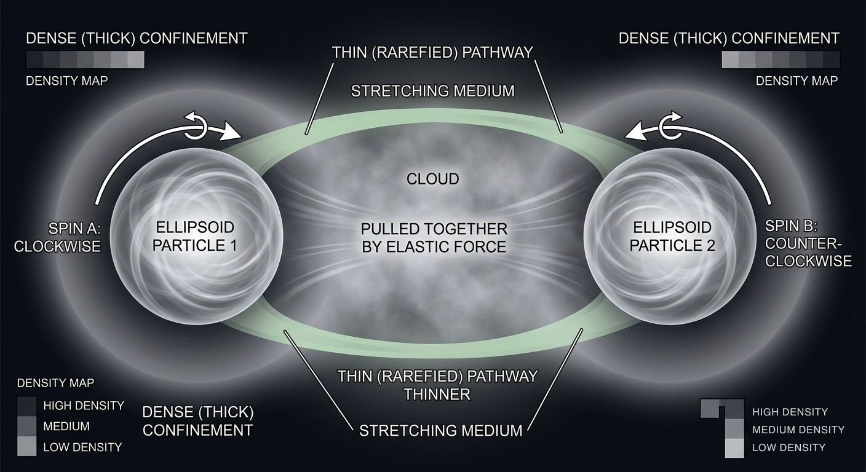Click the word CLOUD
(433, 179)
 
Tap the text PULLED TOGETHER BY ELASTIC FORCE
(434, 238)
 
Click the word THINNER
(437, 394)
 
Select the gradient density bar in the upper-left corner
(85, 60)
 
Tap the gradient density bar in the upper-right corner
(780, 60)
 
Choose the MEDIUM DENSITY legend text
(798, 430)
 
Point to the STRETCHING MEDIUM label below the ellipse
(440, 430)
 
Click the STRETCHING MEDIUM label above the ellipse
(432, 92)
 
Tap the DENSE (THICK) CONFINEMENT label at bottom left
(197, 420)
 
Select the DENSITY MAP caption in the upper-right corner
(796, 81)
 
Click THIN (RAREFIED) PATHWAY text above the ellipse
(432, 52)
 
